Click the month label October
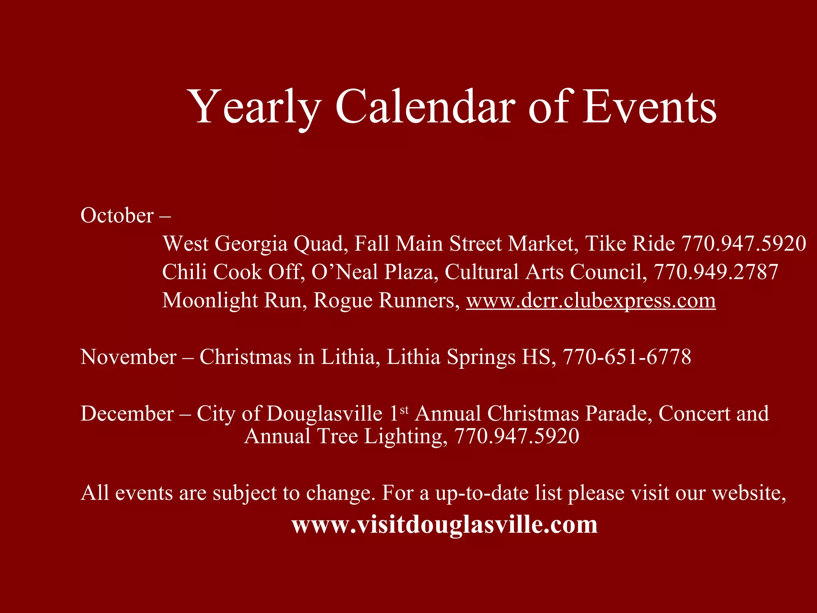point(117,216)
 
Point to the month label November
point(128,357)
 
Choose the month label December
point(127,414)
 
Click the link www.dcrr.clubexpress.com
point(591,301)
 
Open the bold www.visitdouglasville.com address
point(444,524)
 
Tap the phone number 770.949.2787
point(716,272)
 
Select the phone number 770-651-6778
point(627,357)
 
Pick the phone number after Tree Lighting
point(517,436)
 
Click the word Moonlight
point(210,301)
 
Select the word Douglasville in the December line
point(325,414)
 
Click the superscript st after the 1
point(404,410)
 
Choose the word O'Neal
point(344,272)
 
